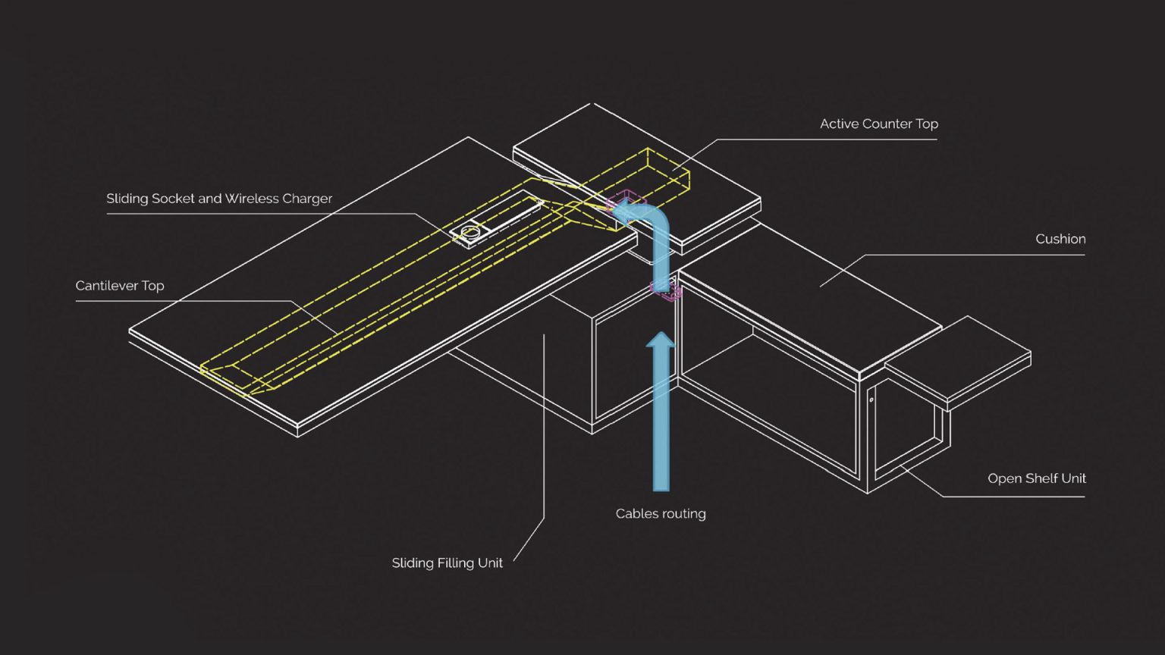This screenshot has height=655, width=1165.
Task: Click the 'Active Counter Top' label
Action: pyautogui.click(x=878, y=124)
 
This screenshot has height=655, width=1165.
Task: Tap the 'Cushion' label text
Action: pyautogui.click(x=1060, y=239)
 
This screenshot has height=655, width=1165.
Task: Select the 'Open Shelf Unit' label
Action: pyautogui.click(x=1036, y=478)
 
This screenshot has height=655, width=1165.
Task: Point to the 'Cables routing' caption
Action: pyautogui.click(x=661, y=513)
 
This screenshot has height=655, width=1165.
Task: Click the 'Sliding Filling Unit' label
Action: pyautogui.click(x=447, y=563)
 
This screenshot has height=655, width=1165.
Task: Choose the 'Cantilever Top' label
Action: pyautogui.click(x=120, y=286)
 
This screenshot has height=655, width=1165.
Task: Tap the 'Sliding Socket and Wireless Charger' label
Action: pyautogui.click(x=219, y=199)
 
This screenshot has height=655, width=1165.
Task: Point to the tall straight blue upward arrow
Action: pyautogui.click(x=661, y=417)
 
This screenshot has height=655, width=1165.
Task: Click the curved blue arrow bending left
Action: pyautogui.click(x=652, y=227)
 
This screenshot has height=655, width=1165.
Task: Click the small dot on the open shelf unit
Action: pyautogui.click(x=871, y=400)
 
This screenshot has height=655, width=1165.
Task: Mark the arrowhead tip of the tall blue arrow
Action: pyautogui.click(x=661, y=334)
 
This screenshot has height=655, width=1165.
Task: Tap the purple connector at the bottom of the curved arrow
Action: pyautogui.click(x=667, y=291)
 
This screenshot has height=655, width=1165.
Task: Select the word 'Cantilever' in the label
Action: pyautogui.click(x=105, y=286)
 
